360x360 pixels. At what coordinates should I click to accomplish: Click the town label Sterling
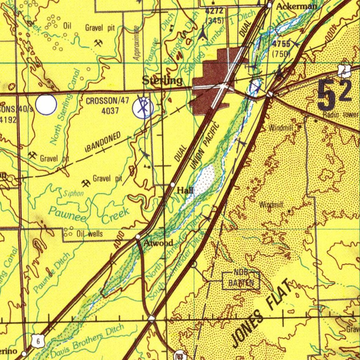pos(162,81)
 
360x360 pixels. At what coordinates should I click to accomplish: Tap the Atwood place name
pos(159,243)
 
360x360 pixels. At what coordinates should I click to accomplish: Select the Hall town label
pos(185,191)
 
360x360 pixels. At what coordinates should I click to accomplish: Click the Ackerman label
pos(296,6)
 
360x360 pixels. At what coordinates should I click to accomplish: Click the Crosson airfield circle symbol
pos(143,108)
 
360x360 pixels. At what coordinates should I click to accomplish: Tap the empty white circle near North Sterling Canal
pos(46,104)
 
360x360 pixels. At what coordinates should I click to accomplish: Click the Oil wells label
pos(90,234)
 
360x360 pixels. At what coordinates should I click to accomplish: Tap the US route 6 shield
pos(38,341)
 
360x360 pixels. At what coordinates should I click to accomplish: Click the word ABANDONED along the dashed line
pos(103,142)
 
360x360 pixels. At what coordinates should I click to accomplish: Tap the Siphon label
pos(73,194)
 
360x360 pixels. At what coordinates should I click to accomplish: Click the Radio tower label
pos(341,115)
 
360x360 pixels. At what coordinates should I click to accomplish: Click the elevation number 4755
pos(281,44)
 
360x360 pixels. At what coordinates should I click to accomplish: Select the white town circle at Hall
pos(173,185)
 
